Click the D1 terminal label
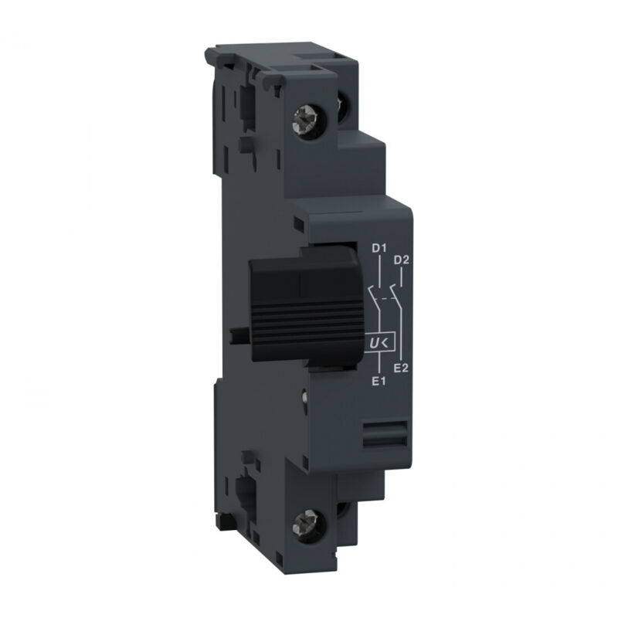click(x=379, y=249)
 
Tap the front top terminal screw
click(x=304, y=123)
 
